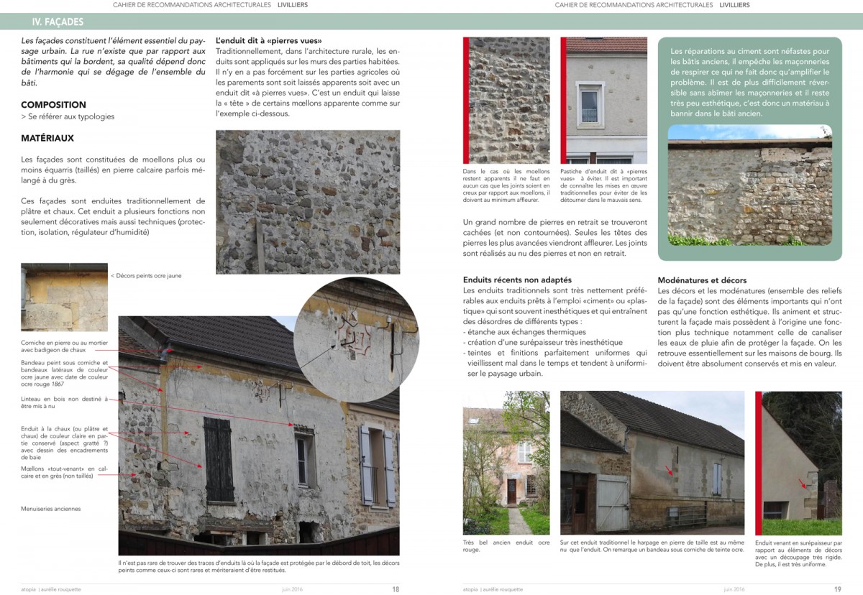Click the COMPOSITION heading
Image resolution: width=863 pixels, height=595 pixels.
point(53,105)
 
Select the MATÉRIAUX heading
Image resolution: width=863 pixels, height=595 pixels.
point(47,138)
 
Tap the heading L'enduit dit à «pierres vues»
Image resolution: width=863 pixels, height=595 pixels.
point(269,41)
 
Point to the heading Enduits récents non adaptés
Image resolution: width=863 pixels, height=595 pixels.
point(517,280)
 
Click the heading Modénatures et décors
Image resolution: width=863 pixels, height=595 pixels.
point(702,280)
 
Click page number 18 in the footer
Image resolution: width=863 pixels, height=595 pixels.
point(396,589)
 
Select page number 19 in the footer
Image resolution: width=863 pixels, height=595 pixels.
point(837,589)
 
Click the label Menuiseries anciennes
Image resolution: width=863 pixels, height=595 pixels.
point(51,509)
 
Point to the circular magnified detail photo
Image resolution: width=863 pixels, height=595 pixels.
point(356,338)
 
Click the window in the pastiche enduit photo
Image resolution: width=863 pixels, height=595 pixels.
point(589,105)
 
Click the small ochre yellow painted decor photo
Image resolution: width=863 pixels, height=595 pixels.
point(64,297)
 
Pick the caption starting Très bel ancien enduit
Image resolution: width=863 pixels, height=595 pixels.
point(506,545)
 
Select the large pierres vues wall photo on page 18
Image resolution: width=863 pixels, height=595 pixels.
point(308,201)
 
